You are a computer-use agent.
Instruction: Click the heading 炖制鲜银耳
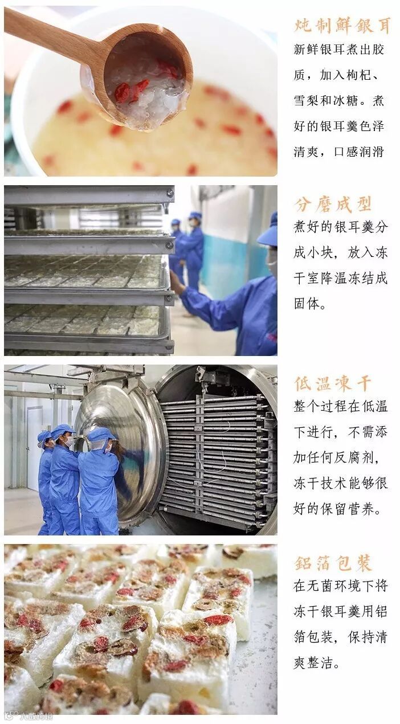coord(342,25)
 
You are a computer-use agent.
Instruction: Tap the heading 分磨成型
coord(333,204)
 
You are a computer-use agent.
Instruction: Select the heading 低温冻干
coord(333,383)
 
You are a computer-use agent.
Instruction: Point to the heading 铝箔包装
coord(333,563)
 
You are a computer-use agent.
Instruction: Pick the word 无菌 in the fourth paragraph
coord(320,586)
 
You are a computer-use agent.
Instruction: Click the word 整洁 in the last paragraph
coord(320,662)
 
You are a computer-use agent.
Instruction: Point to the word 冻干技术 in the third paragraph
coord(320,483)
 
